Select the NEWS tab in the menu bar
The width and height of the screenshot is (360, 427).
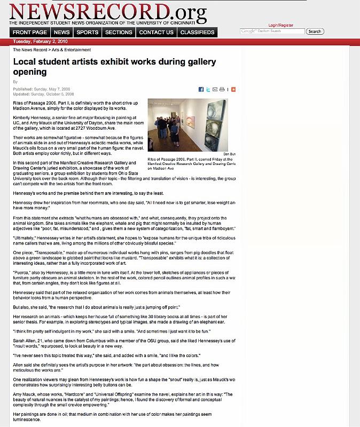pos(62,33)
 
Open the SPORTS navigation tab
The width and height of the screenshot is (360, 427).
pos(87,33)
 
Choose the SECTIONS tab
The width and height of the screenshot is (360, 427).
pos(119,33)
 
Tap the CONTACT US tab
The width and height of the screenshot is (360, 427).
pos(156,33)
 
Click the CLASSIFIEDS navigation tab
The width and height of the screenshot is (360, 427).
pos(198,33)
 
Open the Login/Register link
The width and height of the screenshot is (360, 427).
pos(280,25)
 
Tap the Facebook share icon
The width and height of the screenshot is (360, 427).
pos(201,90)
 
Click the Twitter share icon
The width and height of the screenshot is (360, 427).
pos(208,90)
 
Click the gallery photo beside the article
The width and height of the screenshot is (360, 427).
pos(187,125)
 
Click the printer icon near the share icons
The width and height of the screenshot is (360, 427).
pos(221,90)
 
